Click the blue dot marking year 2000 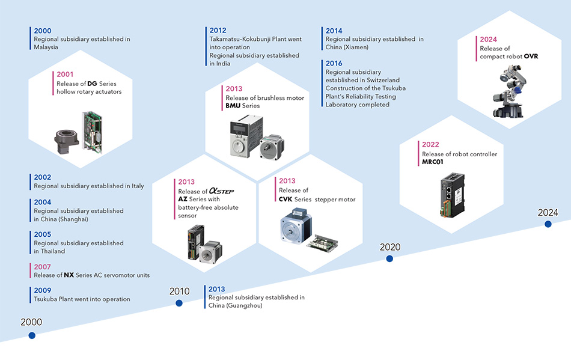click(x=32, y=335)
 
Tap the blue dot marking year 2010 click(x=179, y=304)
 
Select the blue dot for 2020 click(x=389, y=258)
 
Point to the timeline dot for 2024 click(x=548, y=224)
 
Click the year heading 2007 click(x=42, y=267)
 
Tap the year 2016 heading click(x=334, y=64)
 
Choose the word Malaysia click(x=46, y=47)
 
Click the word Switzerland click(x=379, y=80)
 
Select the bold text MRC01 click(x=433, y=162)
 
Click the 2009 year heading click(x=42, y=291)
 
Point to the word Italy click(x=138, y=186)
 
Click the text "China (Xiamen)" click(x=347, y=47)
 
